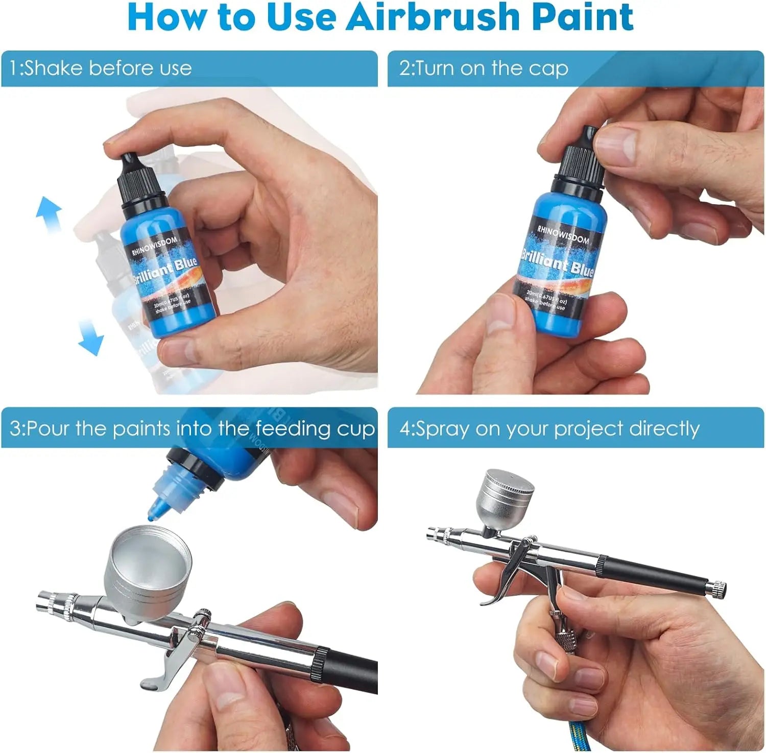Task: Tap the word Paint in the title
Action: [x=582, y=17]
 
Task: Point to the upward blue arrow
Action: [x=50, y=212]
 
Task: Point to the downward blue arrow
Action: [x=91, y=337]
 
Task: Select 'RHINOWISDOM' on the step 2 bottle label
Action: [x=563, y=232]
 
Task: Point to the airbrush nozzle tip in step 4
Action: [x=432, y=533]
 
